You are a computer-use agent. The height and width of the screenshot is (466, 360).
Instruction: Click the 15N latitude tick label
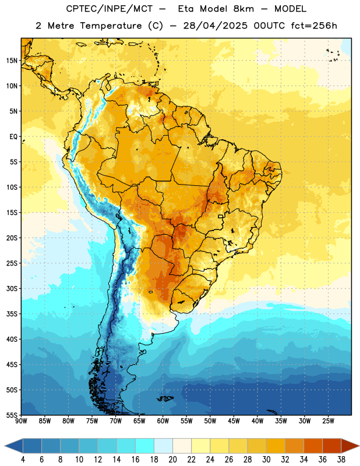click(x=12, y=61)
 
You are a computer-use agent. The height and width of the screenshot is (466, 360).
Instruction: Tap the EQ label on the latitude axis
click(x=13, y=137)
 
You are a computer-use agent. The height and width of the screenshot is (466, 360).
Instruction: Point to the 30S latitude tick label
click(x=12, y=288)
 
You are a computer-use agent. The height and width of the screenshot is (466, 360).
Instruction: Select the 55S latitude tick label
click(x=12, y=415)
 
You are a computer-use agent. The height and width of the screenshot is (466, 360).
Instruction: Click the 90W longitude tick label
click(x=21, y=421)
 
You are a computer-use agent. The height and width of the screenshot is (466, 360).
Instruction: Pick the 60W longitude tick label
click(x=163, y=421)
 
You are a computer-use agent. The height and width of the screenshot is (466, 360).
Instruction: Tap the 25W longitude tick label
click(x=328, y=421)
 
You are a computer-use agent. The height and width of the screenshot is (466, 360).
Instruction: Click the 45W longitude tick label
click(x=234, y=421)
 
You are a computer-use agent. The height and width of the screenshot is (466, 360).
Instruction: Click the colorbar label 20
click(x=172, y=460)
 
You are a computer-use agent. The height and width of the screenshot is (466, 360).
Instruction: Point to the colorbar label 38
click(x=341, y=460)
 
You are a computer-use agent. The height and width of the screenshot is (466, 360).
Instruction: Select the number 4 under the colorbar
click(x=23, y=460)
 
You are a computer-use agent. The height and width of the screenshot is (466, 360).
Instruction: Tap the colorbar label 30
click(x=266, y=460)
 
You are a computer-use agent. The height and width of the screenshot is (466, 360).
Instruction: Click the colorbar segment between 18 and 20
click(x=164, y=446)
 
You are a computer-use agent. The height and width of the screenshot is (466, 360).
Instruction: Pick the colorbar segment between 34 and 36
click(x=313, y=446)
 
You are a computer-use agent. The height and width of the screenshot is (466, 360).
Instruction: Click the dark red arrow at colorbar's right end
click(x=350, y=446)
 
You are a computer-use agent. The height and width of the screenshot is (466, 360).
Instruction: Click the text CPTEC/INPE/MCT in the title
click(x=110, y=9)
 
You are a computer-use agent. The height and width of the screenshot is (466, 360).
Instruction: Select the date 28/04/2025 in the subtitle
click(x=215, y=26)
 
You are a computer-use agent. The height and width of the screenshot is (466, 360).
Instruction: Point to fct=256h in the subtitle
click(x=314, y=26)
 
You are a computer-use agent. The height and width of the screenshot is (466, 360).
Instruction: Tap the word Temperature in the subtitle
click(x=111, y=26)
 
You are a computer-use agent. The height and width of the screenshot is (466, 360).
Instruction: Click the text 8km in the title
click(x=243, y=9)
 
